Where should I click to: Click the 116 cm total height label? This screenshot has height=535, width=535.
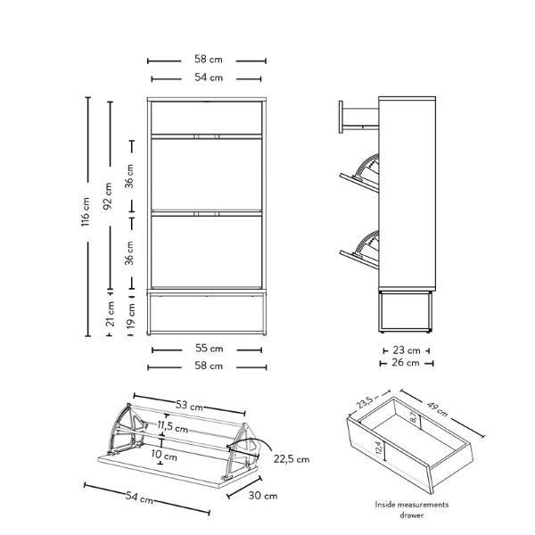86,211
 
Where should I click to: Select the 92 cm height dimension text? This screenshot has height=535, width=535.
108,196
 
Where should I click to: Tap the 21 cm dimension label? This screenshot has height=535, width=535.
110,314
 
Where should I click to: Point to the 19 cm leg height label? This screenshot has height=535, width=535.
131,316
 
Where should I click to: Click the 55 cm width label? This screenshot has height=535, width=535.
210,349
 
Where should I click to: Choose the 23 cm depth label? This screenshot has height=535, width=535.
406,350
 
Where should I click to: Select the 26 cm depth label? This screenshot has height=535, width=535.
406,362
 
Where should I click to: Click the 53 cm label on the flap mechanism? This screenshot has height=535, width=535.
189,406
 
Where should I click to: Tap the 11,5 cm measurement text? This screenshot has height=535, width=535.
173,426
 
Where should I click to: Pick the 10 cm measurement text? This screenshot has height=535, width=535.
164,455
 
